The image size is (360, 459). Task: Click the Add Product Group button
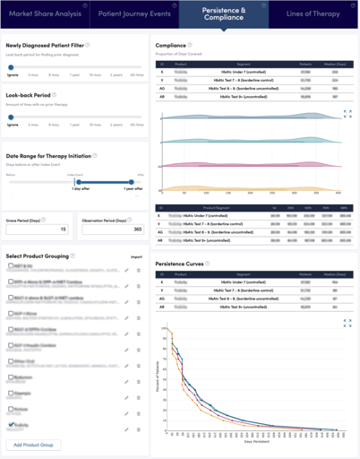(x=34, y=445)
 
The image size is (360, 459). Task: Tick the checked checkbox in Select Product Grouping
(x=10, y=424)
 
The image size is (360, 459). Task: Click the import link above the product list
(x=136, y=256)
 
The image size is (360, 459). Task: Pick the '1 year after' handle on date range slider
(x=131, y=182)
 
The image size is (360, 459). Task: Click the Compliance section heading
(x=170, y=45)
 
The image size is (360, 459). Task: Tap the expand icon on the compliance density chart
(x=347, y=114)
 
